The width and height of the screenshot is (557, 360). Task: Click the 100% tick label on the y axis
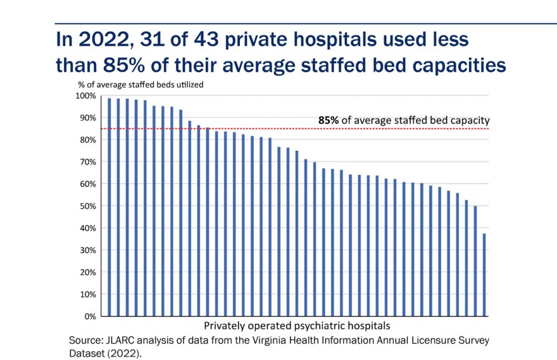click(85, 96)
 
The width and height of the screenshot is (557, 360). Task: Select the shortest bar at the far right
click(485, 275)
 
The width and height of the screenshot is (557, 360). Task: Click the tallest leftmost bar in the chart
click(110, 207)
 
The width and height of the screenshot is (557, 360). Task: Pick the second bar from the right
click(475, 261)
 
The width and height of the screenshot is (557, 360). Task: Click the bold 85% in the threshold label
click(329, 120)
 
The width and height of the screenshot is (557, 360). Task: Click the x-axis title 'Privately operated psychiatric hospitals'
click(297, 326)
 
